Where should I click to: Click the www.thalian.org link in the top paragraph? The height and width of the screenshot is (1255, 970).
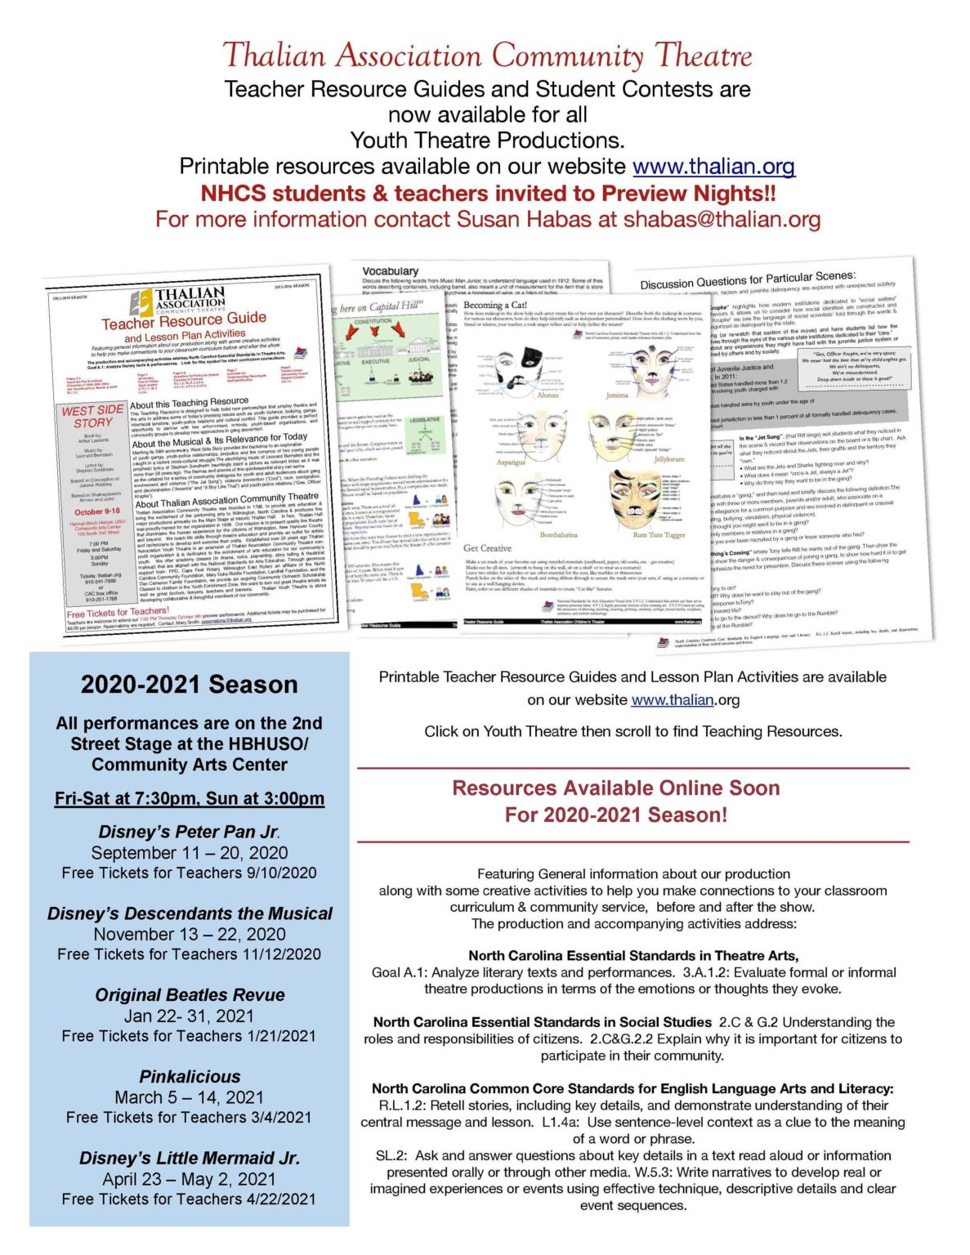pos(713,167)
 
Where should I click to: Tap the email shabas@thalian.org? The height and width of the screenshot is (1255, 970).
pos(722,219)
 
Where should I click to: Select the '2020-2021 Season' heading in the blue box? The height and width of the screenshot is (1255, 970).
pos(189,684)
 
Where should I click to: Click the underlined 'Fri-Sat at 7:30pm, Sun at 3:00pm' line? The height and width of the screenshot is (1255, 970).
pos(190,798)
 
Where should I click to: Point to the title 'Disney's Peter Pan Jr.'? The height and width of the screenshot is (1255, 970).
pos(189,832)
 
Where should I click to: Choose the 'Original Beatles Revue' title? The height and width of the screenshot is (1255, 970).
pos(190,994)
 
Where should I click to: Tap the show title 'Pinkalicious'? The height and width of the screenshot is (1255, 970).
pos(190,1076)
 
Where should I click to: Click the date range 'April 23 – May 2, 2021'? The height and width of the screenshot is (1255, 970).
pos(189,1178)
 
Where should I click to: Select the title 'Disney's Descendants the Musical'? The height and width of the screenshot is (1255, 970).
pos(190,913)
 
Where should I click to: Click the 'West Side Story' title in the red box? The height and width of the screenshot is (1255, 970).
pos(92,416)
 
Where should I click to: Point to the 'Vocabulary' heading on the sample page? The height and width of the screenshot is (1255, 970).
pos(391,270)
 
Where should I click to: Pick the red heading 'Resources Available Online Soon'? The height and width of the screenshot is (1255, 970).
pos(615,788)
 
